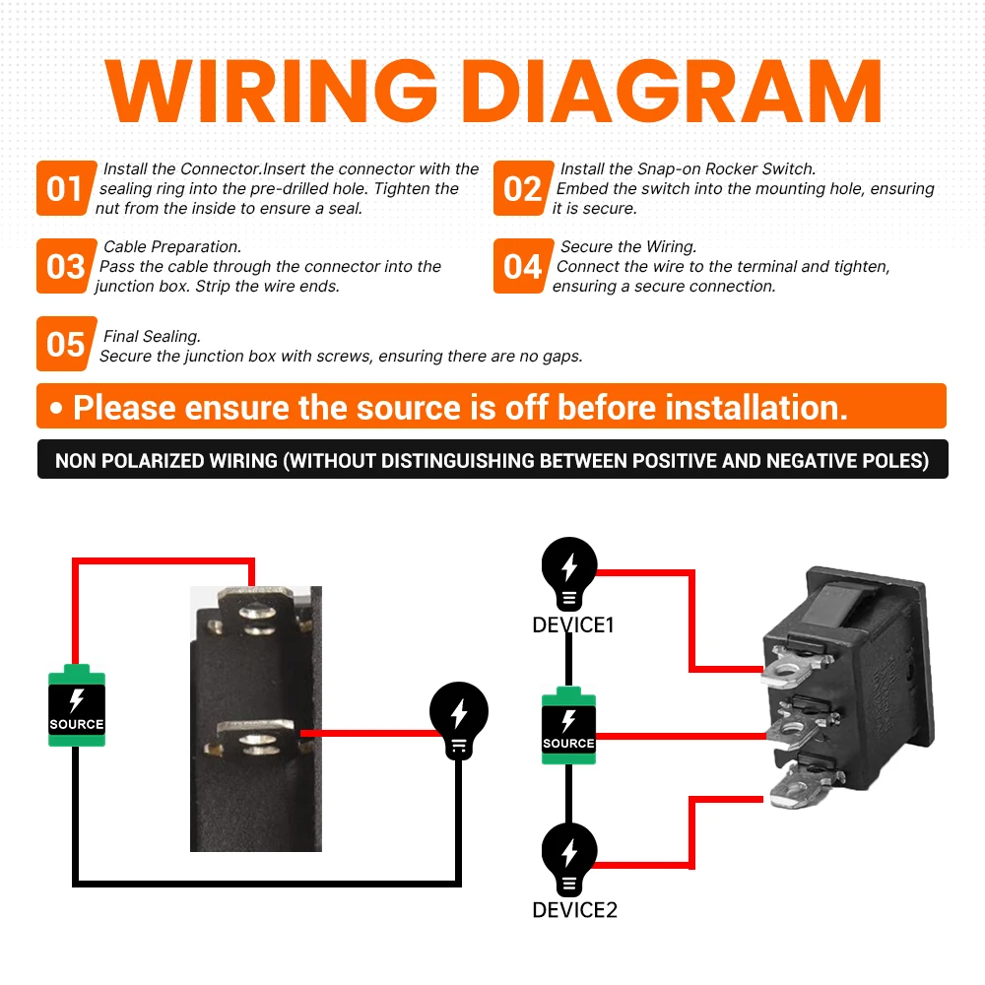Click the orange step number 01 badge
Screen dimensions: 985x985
(66, 188)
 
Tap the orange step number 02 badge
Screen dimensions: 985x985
(523, 188)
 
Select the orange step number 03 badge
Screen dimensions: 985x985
(66, 266)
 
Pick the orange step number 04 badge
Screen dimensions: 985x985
(523, 266)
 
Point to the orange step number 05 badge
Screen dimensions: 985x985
(66, 344)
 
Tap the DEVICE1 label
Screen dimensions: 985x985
(573, 625)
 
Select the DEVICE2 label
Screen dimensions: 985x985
(575, 909)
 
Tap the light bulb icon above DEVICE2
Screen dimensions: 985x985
(569, 859)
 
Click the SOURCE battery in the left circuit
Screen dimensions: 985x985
(77, 705)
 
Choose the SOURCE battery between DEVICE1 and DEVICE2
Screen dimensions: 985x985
(568, 726)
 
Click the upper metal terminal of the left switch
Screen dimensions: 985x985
(255, 611)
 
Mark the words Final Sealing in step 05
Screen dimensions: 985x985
(152, 337)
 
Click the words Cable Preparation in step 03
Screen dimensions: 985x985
(172, 247)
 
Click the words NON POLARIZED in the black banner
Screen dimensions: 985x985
(165, 460)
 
